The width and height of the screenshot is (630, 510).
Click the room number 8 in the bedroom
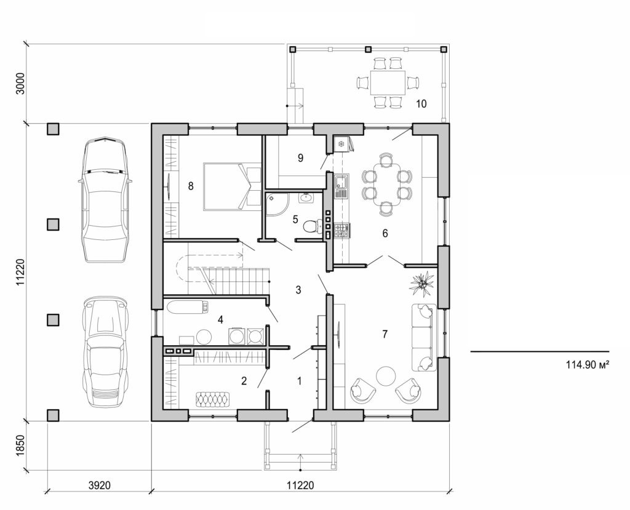tap(191, 185)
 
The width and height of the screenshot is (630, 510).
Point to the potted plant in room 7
tap(423, 283)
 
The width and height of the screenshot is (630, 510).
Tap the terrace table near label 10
tap(388, 82)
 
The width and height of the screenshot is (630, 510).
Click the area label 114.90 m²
tap(588, 364)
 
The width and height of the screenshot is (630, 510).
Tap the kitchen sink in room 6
tap(341, 183)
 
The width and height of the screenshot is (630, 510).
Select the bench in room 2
tap(213, 399)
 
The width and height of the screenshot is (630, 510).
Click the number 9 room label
tap(300, 158)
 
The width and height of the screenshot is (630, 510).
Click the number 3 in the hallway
tap(298, 289)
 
